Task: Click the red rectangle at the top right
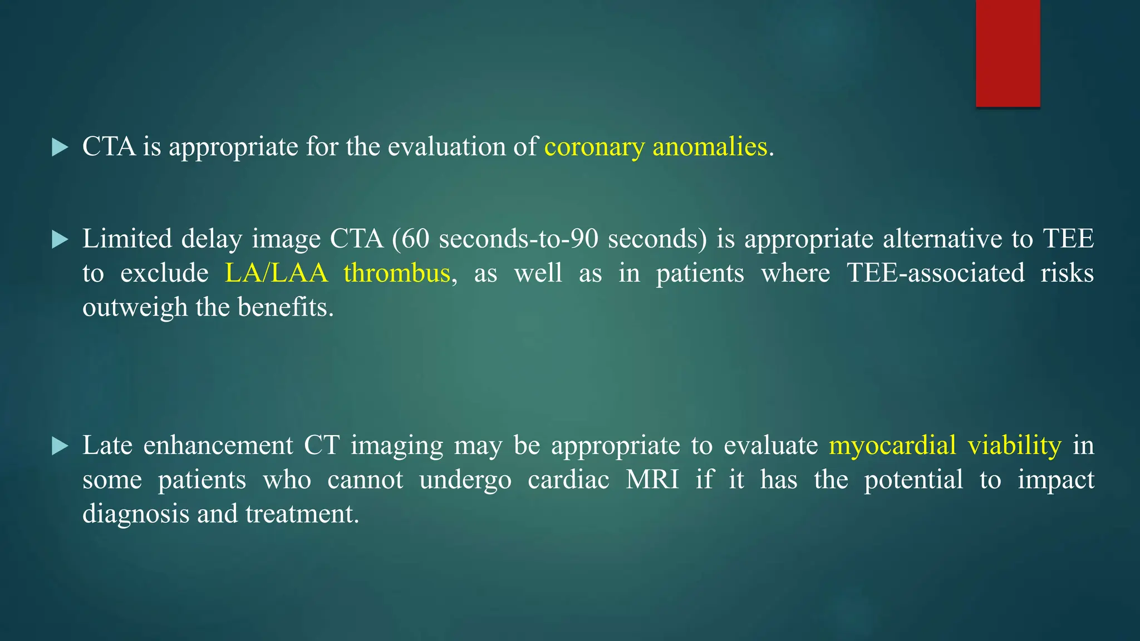pos(1008,53)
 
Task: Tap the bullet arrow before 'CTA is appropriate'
pos(60,147)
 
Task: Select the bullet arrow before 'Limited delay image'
pos(60,240)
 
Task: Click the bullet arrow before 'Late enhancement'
pos(60,446)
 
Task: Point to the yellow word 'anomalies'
pos(710,147)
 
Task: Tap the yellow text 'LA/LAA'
pos(276,273)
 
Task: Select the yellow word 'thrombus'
pos(396,273)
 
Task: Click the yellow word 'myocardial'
pos(892,446)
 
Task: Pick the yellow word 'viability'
pos(1014,446)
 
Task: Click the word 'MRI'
pos(652,480)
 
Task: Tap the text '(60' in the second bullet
pos(410,239)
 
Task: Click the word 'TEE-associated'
pos(935,273)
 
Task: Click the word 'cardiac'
pos(568,480)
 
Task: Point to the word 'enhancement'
pos(218,446)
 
